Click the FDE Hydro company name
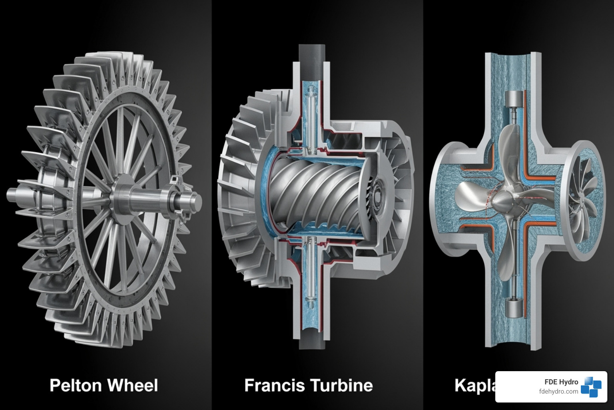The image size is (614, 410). [561, 382]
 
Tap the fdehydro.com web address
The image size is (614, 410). [558, 392]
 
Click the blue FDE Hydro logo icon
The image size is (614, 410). [591, 386]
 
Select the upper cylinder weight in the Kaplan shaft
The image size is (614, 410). [514, 100]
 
